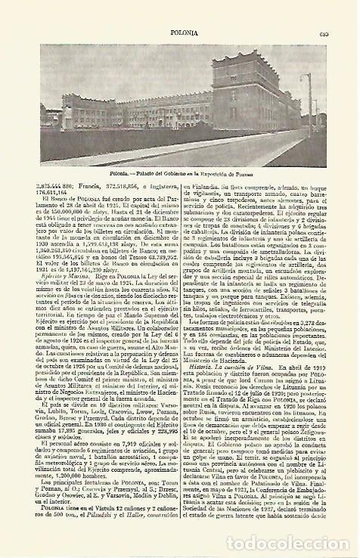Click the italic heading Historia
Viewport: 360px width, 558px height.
tap(202, 406)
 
